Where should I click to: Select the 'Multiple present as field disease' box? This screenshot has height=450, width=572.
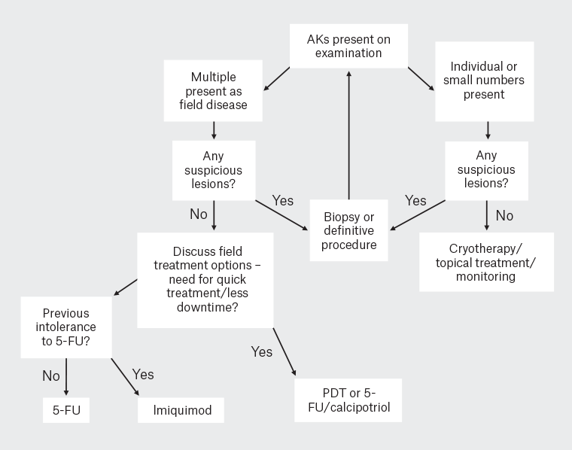point(213,91)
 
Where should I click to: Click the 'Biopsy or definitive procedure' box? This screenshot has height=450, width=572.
point(348,231)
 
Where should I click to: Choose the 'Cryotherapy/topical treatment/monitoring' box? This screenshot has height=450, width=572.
point(485,262)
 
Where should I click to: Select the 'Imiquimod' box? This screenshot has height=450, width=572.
point(181,410)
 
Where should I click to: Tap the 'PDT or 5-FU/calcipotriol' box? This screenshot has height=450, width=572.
point(348,401)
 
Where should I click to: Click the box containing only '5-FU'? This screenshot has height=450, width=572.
point(66,410)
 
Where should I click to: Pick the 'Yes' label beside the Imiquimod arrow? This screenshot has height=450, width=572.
point(143,373)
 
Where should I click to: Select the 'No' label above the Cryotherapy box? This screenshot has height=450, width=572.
point(504,216)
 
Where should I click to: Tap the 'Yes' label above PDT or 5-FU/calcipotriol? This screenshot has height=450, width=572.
point(262,351)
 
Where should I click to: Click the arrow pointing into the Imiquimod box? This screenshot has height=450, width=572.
point(126,376)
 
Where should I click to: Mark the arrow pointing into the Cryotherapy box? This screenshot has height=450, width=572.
point(487,217)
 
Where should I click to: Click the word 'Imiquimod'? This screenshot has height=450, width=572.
point(181,410)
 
